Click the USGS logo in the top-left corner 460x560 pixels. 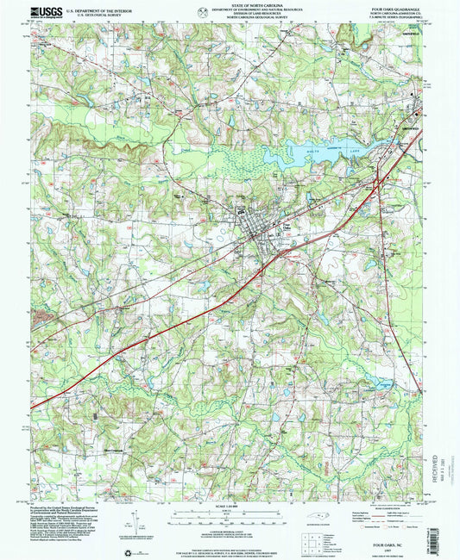point(42,11)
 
